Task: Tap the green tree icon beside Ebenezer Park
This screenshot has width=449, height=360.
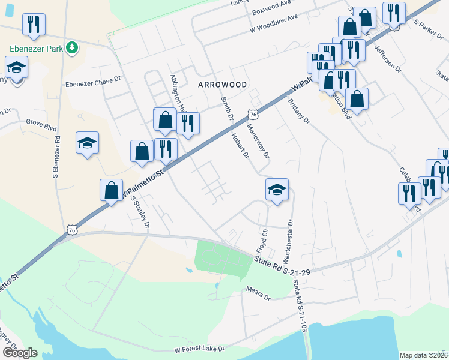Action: pyautogui.click(x=72, y=47)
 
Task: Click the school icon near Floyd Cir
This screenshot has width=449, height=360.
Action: pyautogui.click(x=277, y=190)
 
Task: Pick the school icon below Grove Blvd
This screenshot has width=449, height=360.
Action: pyautogui.click(x=88, y=143)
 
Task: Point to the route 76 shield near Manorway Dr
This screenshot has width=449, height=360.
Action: pyautogui.click(x=253, y=114)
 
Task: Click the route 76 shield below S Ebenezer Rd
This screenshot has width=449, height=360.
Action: pyautogui.click(x=72, y=229)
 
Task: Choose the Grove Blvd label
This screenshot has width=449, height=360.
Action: pyautogui.click(x=41, y=128)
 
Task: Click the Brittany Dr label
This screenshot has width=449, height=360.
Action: pyautogui.click(x=298, y=111)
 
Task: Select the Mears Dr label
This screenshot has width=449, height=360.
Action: pyautogui.click(x=259, y=293)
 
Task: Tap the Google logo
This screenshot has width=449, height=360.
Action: pyautogui.click(x=20, y=352)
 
